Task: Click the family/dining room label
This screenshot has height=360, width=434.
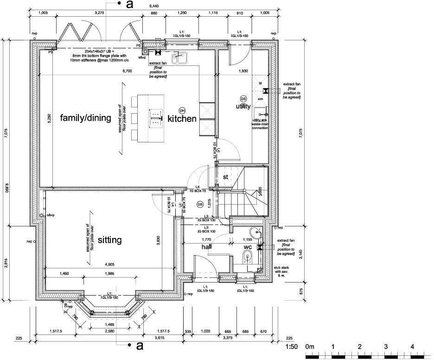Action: pos(86,118)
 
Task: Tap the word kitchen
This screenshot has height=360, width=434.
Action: pos(182,119)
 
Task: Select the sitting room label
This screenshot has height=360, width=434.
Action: pos(110,240)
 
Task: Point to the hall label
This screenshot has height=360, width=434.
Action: pos(206,247)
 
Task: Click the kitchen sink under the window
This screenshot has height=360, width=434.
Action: pos(179,58)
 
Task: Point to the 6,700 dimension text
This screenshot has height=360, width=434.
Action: pos(127,71)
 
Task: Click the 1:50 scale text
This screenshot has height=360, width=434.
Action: pos(291,347)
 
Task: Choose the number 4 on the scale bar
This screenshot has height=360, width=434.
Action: pos(412,347)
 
